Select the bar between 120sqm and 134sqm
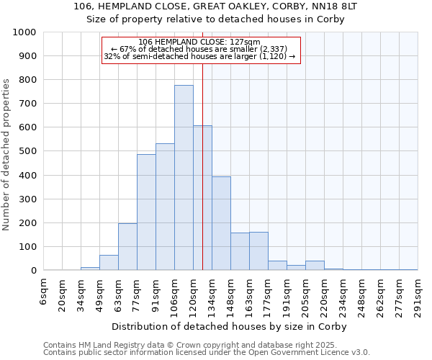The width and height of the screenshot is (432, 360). [x=202, y=198]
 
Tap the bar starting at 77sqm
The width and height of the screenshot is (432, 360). [x=146, y=212]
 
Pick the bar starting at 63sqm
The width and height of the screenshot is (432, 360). [x=127, y=247]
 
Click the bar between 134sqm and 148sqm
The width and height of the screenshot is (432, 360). [x=221, y=223]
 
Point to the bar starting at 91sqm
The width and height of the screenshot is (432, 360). [x=165, y=207]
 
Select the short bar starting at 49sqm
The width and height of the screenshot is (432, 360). [x=109, y=263]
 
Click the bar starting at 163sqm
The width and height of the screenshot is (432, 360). [x=258, y=251]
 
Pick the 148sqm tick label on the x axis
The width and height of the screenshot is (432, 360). [x=231, y=294]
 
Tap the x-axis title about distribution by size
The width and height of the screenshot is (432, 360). [x=230, y=326]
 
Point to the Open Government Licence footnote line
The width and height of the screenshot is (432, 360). [x=207, y=353]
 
